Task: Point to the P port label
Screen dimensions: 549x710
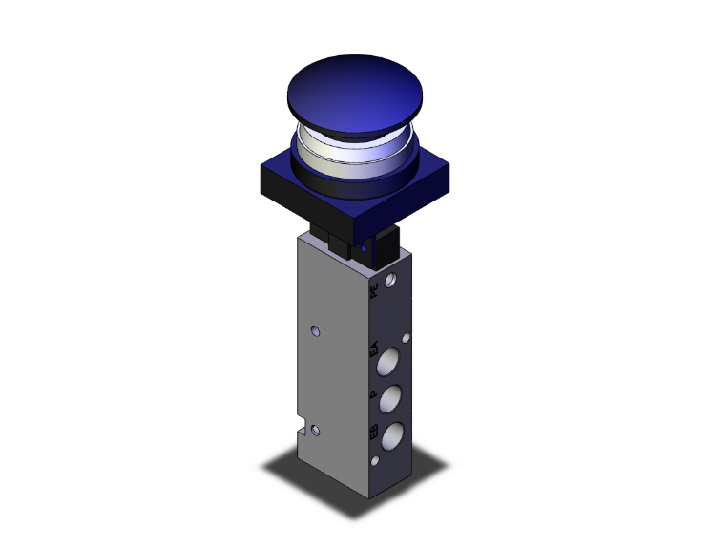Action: (373, 394)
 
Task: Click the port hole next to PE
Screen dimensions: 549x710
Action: (391, 281)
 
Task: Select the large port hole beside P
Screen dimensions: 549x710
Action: (392, 400)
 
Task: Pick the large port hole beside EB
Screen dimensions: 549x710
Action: (392, 437)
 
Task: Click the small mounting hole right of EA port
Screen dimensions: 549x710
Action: (407, 337)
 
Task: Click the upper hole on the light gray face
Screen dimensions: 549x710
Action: (316, 333)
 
